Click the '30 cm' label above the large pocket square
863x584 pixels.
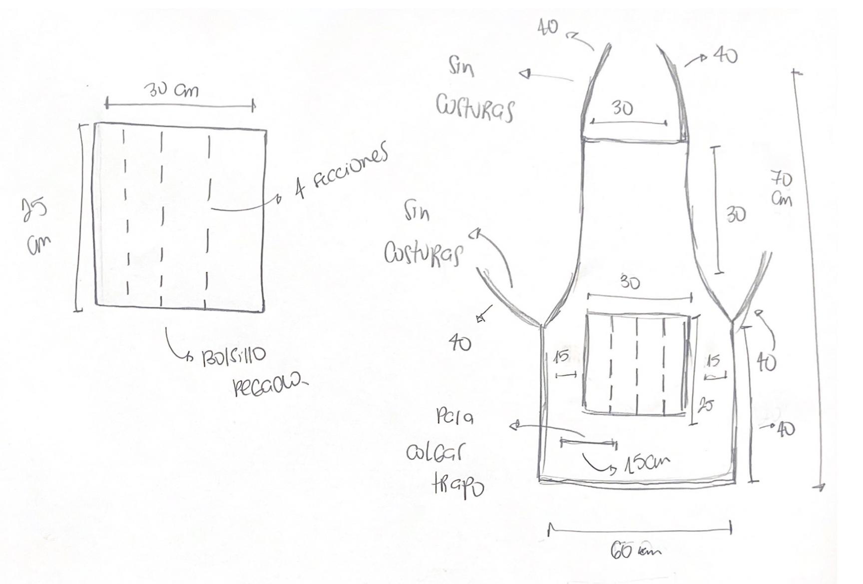point(171,90)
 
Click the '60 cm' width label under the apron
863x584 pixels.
point(635,550)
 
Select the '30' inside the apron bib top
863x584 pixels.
point(622,108)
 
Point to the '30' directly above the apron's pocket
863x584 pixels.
point(630,282)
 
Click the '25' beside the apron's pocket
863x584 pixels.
point(706,405)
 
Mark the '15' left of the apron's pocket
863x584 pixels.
point(561,357)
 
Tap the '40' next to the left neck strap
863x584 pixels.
point(548,27)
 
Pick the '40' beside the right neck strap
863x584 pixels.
point(725,55)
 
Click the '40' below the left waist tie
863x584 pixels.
point(459,343)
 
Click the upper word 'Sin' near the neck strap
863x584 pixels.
point(461,66)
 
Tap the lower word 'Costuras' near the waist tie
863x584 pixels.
point(423,253)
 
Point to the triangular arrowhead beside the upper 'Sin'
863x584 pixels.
point(524,74)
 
